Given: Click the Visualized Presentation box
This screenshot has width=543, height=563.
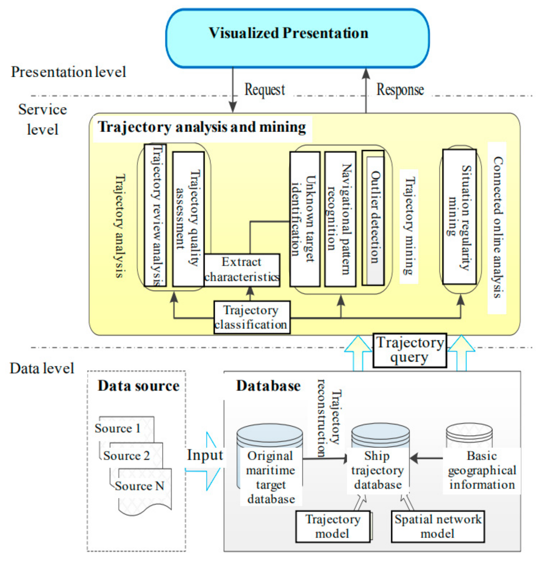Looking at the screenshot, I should [297, 38].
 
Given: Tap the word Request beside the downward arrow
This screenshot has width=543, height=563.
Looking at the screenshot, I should [264, 90].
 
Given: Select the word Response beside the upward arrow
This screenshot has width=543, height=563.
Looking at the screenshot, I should [400, 90].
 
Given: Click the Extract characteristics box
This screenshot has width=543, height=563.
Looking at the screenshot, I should [241, 270].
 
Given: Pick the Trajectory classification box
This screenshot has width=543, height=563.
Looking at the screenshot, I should [251, 317].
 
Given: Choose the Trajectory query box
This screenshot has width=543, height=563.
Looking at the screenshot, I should [409, 350].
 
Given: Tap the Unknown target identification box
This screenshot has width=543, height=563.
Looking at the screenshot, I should [305, 219].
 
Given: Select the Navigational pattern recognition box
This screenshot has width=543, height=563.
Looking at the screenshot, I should [340, 219].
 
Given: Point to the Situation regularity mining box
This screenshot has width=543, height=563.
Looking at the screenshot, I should [459, 217].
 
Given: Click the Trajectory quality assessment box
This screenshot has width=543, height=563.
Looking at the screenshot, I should [188, 219].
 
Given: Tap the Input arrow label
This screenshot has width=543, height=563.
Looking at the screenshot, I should [205, 455].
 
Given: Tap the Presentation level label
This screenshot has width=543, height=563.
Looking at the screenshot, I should [68, 72].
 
